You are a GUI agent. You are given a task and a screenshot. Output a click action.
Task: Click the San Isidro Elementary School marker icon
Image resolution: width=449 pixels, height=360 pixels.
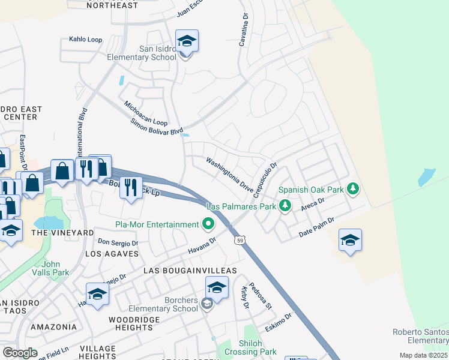tap(187, 42)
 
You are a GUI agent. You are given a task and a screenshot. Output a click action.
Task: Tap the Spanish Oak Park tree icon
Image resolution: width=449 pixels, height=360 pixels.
tap(353, 190)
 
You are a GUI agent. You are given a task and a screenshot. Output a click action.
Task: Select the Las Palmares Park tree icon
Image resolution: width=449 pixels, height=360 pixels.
tap(285, 206)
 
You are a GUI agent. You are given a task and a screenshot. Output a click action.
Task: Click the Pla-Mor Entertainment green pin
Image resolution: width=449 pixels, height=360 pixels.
tap(208, 224)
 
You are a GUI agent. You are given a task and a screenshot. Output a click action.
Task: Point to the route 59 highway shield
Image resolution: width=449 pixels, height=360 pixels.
tap(240, 240)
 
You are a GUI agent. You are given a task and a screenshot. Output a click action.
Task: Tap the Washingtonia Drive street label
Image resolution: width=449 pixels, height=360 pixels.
tap(230, 175)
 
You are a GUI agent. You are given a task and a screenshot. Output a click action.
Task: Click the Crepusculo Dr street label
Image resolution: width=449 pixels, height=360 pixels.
tap(264, 181)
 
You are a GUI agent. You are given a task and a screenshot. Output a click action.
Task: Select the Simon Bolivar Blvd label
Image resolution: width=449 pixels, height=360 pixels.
tap(157, 126)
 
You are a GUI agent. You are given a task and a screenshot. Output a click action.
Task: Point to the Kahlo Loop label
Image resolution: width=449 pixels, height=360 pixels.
tap(85, 40)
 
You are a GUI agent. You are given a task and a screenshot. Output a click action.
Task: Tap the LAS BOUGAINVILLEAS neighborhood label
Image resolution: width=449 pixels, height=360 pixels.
tap(190, 271)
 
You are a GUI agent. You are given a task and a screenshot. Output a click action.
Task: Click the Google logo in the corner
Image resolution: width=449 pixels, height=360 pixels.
tap(20, 353)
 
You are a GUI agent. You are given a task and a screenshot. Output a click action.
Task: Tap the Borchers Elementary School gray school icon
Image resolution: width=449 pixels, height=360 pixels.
tap(207, 304)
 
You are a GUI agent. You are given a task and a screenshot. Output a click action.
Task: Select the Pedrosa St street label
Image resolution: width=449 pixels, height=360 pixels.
tap(261, 296)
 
